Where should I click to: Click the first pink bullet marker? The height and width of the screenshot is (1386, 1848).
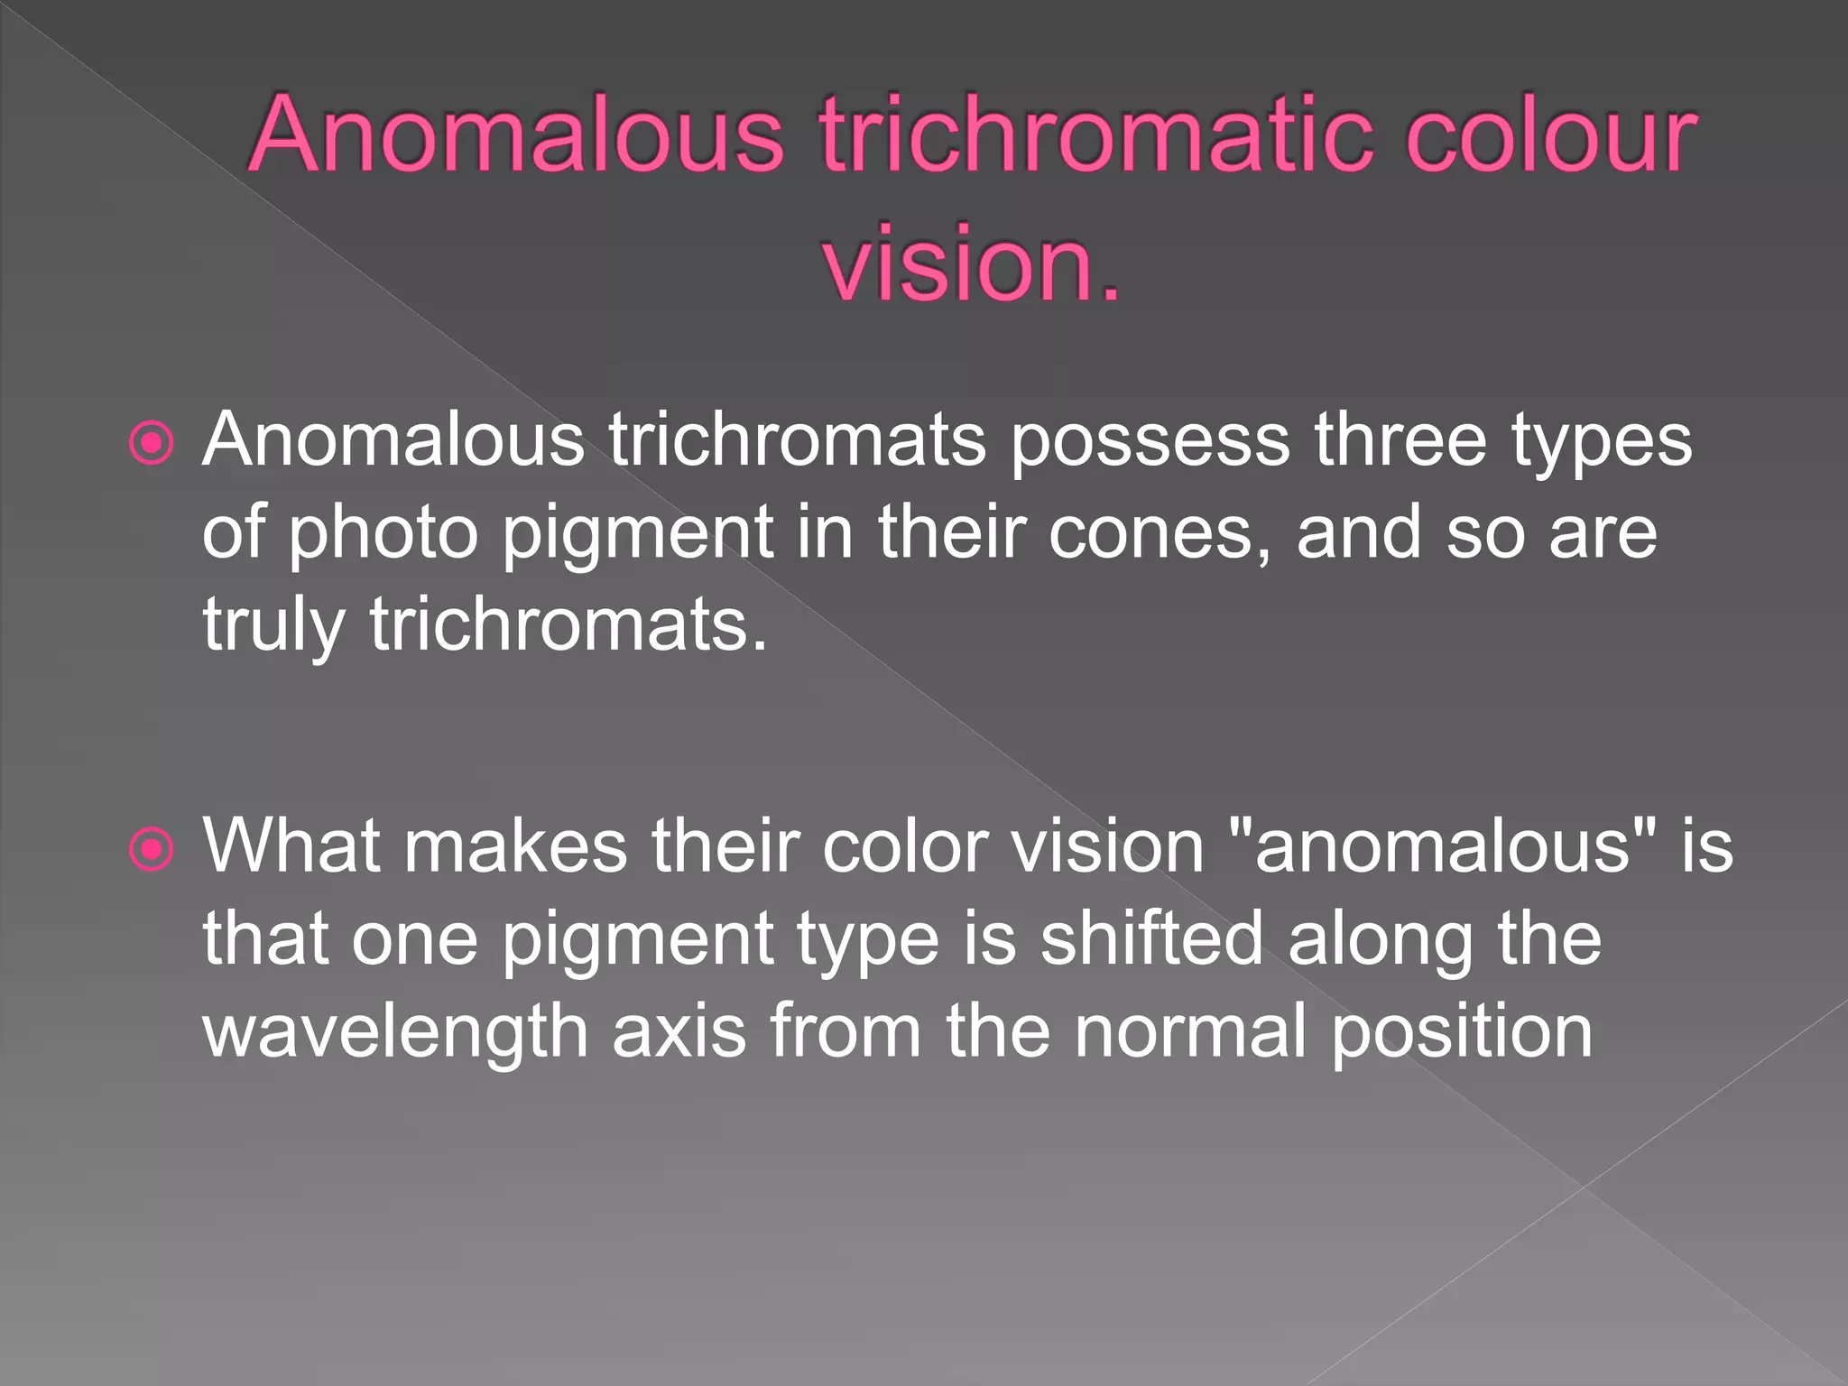click(151, 444)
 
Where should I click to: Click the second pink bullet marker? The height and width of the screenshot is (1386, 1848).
click(151, 850)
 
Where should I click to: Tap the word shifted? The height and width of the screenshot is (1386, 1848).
click(1152, 938)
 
